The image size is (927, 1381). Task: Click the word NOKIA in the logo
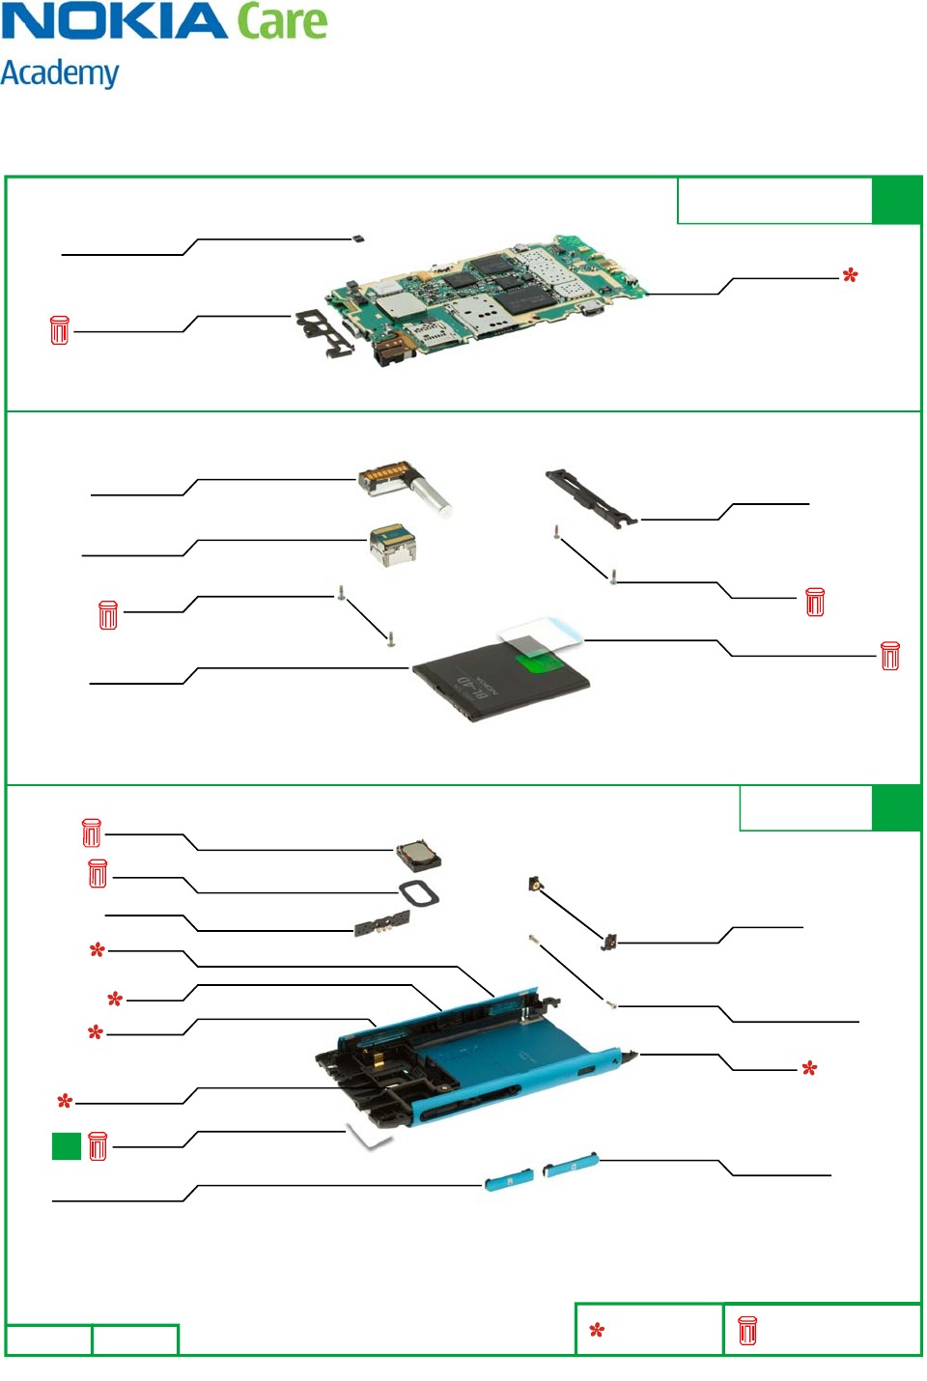point(114,21)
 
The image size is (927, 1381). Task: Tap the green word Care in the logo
point(282,21)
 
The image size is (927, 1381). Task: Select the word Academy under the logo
point(60,73)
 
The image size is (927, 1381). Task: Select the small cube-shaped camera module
point(393,546)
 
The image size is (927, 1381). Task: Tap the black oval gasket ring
point(419,893)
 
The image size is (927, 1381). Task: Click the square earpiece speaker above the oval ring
point(418,855)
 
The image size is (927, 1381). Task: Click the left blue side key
point(509,1180)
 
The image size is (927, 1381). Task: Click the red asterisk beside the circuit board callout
point(850,276)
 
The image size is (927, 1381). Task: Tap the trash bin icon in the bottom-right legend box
point(747,1331)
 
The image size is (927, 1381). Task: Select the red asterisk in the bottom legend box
point(597,1331)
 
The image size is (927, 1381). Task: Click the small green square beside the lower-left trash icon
point(66,1145)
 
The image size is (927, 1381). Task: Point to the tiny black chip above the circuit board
point(359,238)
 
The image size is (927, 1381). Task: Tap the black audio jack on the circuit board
point(391,352)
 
